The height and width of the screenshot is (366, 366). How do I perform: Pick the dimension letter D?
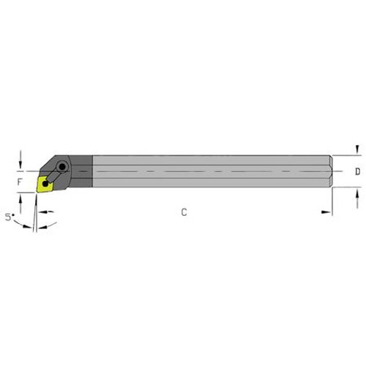356,172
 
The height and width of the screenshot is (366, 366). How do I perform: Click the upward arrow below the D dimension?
356,193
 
